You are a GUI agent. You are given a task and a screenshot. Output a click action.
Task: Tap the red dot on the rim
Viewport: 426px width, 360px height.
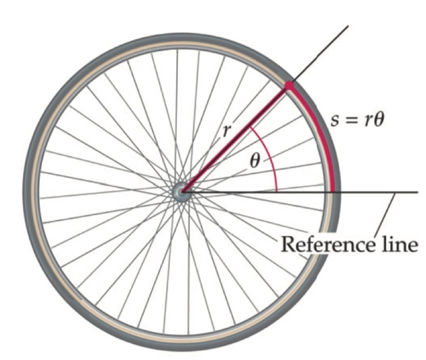point(288,86)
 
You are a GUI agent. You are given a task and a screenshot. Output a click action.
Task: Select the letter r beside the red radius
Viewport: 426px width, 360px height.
point(229,132)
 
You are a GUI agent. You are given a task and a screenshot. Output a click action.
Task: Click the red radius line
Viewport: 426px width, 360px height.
point(236,139)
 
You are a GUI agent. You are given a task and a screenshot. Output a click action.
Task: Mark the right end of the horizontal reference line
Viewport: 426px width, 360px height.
point(416,192)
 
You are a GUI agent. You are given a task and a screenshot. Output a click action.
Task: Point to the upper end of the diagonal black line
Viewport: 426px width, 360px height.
point(348,26)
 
